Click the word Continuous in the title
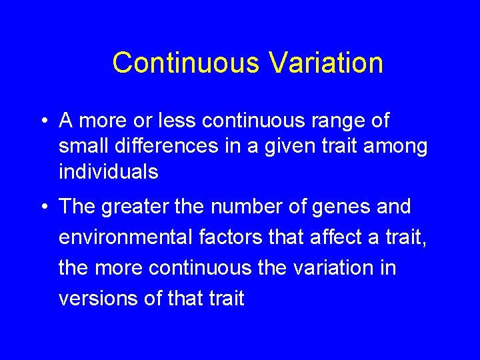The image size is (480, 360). click(x=186, y=63)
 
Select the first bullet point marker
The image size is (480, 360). click(x=43, y=122)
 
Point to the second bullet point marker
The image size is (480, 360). click(x=43, y=207)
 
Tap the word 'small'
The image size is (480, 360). click(x=81, y=146)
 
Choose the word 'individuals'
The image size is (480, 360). click(x=108, y=172)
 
